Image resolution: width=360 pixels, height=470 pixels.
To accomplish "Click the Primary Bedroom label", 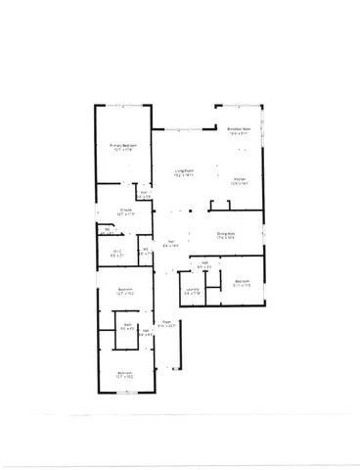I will (123, 145).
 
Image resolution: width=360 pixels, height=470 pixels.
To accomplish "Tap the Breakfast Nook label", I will (240, 129).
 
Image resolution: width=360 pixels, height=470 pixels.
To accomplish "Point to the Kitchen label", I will (240, 178).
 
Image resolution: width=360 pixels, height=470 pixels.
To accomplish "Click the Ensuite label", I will (126, 210).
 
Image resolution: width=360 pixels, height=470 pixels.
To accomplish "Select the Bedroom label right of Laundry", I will (242, 282).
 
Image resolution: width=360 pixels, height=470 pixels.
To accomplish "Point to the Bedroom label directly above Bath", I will (125, 289).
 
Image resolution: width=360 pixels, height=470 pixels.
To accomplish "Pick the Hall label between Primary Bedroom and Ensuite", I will (145, 193).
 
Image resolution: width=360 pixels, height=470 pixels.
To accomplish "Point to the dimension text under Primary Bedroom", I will (123, 150).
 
